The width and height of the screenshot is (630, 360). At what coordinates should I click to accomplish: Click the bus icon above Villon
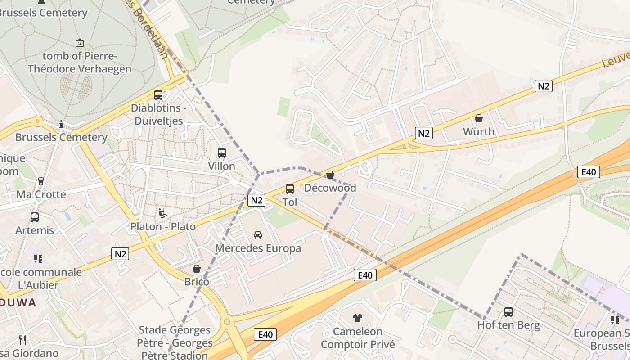point(221,153)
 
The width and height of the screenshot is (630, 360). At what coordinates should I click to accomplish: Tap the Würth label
point(479,132)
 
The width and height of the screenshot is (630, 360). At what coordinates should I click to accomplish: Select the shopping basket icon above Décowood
point(330,175)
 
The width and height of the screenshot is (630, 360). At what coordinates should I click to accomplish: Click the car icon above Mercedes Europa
point(258,234)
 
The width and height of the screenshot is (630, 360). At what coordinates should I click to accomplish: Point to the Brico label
point(197,282)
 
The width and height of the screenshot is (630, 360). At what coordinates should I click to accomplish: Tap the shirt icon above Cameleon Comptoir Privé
point(358,318)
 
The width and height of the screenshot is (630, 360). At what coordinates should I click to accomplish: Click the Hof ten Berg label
point(508,325)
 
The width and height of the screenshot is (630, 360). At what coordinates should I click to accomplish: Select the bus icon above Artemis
point(35,217)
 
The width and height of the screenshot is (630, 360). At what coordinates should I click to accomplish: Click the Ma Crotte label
point(41,194)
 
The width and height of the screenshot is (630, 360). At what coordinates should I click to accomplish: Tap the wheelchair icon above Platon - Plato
point(163,213)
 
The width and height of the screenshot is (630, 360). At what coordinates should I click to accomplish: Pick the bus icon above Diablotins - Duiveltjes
point(158,95)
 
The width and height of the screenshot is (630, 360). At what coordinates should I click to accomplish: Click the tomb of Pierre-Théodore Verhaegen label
point(80,63)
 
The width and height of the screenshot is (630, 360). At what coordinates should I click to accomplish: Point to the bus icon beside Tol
point(290,189)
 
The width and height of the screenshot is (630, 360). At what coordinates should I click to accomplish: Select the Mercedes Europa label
point(258,248)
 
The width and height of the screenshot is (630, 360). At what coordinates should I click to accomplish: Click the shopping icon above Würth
point(479,118)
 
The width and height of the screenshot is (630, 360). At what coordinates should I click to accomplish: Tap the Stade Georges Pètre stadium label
point(174,342)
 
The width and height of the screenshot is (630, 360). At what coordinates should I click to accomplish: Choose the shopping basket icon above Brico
point(197,269)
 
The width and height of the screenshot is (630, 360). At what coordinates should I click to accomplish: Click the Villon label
point(221,166)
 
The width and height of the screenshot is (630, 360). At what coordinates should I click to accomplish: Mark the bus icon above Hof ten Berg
point(508,312)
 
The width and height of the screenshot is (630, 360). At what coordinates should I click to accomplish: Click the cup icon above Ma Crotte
point(41,181)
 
